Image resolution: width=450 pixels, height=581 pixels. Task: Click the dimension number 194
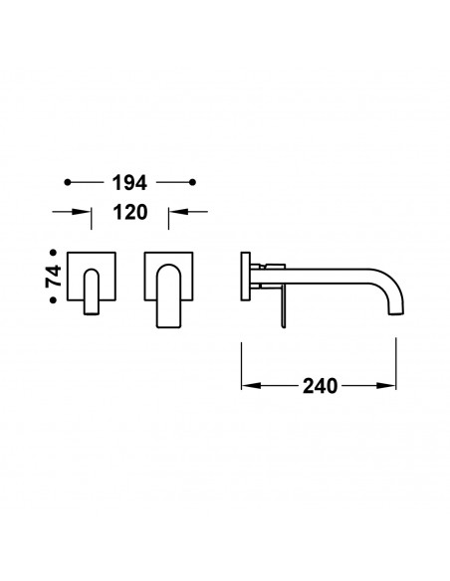(129, 183)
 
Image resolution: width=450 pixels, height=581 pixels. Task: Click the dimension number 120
(130, 212)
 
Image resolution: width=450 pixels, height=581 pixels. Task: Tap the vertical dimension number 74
(54, 276)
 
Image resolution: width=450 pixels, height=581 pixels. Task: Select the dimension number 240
(321, 386)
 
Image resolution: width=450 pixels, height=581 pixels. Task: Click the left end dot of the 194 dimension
(68, 182)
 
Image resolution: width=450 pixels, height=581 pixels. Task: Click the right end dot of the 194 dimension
(192, 182)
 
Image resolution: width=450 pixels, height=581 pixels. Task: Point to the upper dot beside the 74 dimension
(54, 253)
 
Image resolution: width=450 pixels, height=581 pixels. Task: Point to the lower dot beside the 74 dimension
(54, 300)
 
